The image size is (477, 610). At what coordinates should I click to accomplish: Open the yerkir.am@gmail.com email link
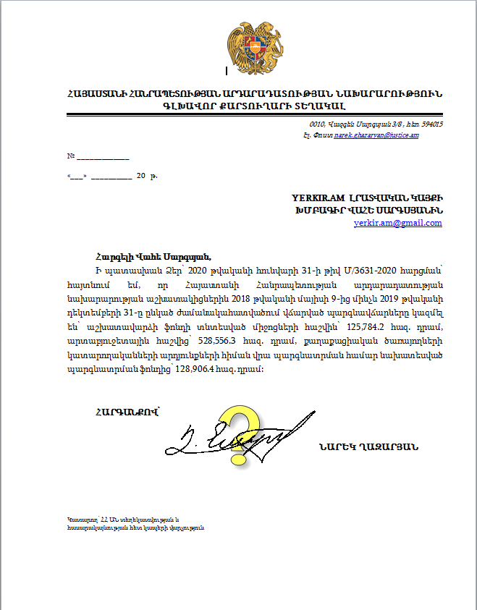[397, 223]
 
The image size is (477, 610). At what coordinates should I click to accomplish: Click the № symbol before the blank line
[71, 156]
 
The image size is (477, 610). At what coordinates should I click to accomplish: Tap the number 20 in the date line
[140, 176]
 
